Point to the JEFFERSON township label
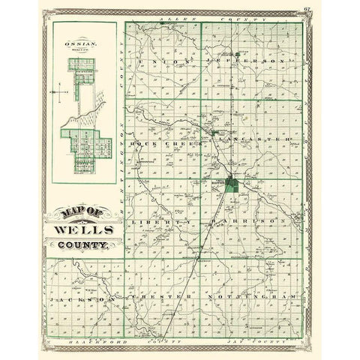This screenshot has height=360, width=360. click(251, 60)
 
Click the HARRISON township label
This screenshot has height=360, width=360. click(252, 223)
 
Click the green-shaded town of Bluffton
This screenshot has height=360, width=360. click(234, 184)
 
